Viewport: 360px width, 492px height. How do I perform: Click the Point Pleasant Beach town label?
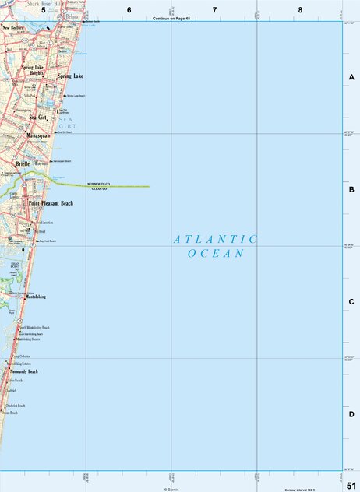pos(51,203)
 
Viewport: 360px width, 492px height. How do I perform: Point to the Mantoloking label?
pos(36,297)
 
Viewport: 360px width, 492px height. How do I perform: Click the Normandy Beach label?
pos(23,371)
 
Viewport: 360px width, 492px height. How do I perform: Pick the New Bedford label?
pos(14,27)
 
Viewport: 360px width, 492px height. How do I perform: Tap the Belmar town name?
pos(73,16)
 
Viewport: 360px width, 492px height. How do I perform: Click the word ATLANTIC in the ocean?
pos(215,240)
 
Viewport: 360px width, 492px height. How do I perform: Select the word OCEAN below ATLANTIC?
pos(216,254)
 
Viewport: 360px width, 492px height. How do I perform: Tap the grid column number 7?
pos(214,9)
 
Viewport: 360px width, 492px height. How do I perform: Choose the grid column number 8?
pos(300,9)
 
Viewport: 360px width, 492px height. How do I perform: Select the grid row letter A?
pos(351,77)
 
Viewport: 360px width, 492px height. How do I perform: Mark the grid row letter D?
pos(351,414)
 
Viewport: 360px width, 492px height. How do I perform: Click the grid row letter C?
pos(351,302)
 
